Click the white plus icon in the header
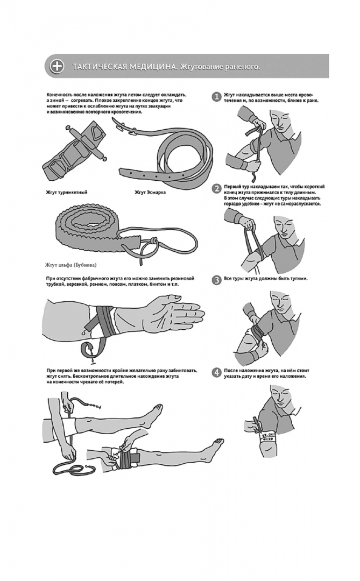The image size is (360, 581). pos(57,66)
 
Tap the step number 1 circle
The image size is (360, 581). pos(216,97)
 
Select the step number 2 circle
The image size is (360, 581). pos(216,189)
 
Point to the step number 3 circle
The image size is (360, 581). pos(216,280)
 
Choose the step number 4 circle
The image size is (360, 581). pos(216,372)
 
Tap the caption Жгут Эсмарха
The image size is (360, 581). pos(150,192)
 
